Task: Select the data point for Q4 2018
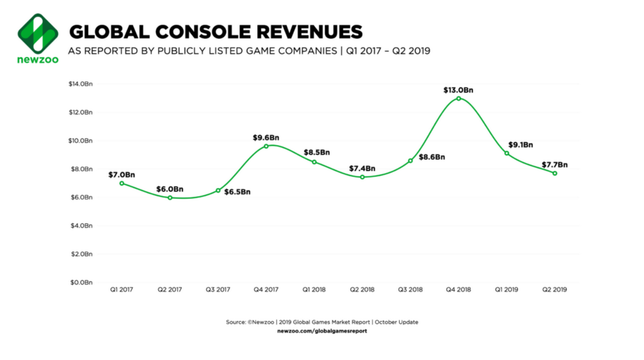pyautogui.click(x=458, y=98)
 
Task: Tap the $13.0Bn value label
pyautogui.click(x=458, y=90)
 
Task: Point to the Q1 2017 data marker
pyautogui.click(x=122, y=183)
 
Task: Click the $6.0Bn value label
pyautogui.click(x=170, y=189)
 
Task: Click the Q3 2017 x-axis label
pyautogui.click(x=218, y=290)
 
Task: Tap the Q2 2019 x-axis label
pyautogui.click(x=554, y=290)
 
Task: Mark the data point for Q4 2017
pyautogui.click(x=266, y=146)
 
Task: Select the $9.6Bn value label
pyautogui.click(x=266, y=137)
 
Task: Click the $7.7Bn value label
pyautogui.click(x=554, y=165)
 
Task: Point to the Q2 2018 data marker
pyautogui.click(x=362, y=177)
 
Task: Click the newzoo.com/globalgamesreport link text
pyautogui.click(x=322, y=331)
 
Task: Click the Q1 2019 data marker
pyautogui.click(x=507, y=153)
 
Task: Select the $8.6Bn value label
pyautogui.click(x=432, y=157)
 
